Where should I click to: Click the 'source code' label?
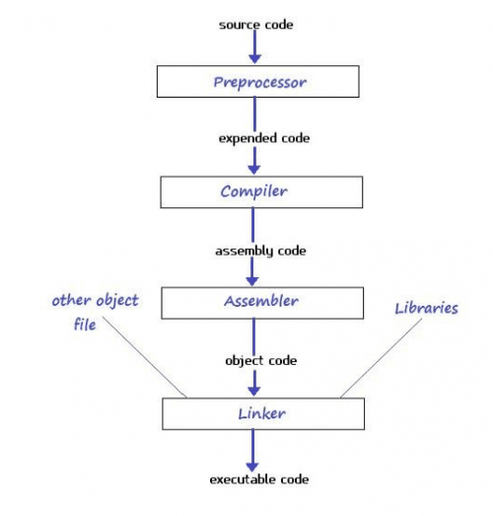point(256,25)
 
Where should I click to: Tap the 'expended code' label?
point(264,138)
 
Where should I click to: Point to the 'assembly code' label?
point(260,251)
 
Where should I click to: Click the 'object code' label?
point(261,361)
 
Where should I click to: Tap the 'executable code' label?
point(259,479)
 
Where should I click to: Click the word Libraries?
point(426,308)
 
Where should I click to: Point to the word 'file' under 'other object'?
point(85,325)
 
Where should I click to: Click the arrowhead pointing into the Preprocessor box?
point(255,59)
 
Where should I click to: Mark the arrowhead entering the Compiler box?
point(254,170)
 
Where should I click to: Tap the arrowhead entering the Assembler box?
point(252,281)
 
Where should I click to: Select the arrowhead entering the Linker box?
point(254,392)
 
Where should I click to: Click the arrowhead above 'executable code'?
point(252,467)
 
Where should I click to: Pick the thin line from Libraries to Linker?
point(382,358)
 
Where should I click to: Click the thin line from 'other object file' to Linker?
point(145,357)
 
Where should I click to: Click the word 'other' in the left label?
point(71,300)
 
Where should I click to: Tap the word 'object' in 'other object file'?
point(117,301)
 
